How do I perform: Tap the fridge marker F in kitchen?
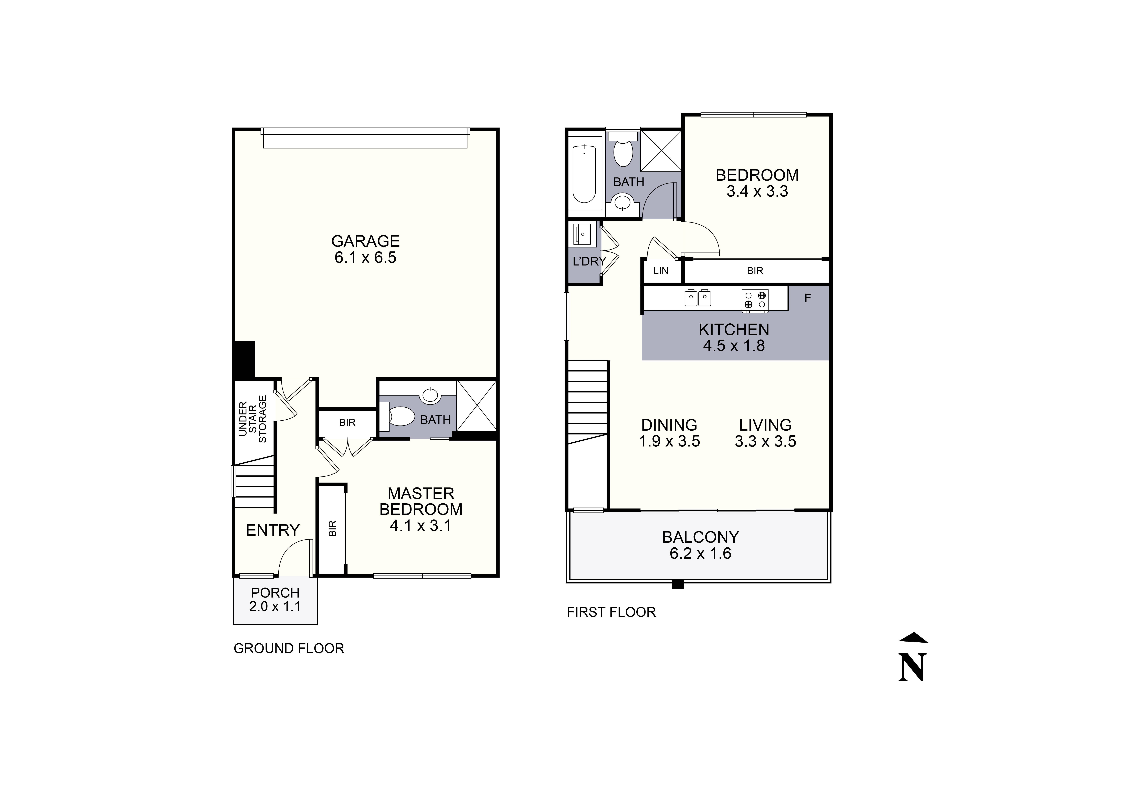coord(807,298)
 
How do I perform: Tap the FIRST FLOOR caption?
coord(611,612)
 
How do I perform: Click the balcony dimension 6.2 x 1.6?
coord(700,554)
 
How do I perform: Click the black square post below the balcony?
coord(678,584)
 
